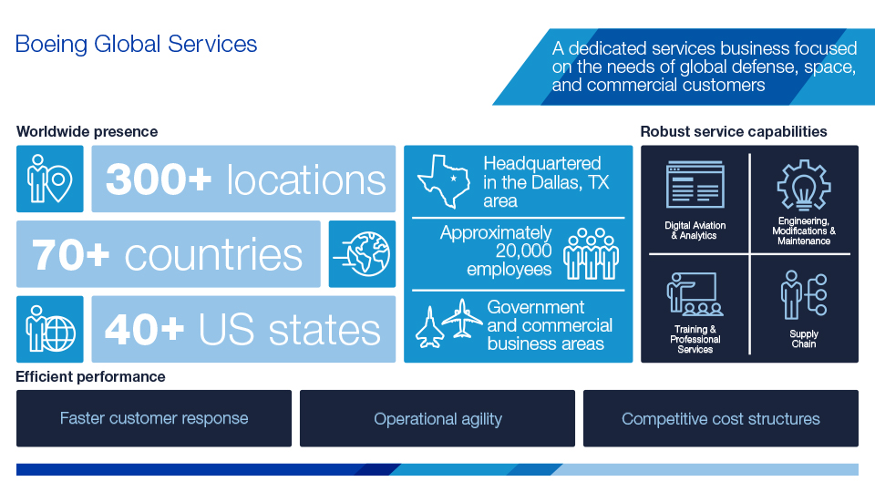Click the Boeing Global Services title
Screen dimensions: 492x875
click(136, 44)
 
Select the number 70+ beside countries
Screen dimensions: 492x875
click(71, 255)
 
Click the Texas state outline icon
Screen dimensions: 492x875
click(442, 180)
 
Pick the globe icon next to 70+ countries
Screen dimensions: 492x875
click(362, 254)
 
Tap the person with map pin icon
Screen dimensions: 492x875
click(49, 179)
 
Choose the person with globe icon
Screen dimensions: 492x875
click(49, 329)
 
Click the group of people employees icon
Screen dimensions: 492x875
click(591, 254)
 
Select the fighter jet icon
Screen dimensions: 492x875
click(427, 326)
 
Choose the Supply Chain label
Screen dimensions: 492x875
click(803, 339)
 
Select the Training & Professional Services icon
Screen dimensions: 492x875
click(694, 294)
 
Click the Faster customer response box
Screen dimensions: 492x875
click(154, 419)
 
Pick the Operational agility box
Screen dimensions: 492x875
click(437, 419)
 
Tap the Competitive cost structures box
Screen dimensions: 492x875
click(720, 419)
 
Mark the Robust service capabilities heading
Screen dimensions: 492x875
click(734, 131)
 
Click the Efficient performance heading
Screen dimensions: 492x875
click(90, 376)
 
